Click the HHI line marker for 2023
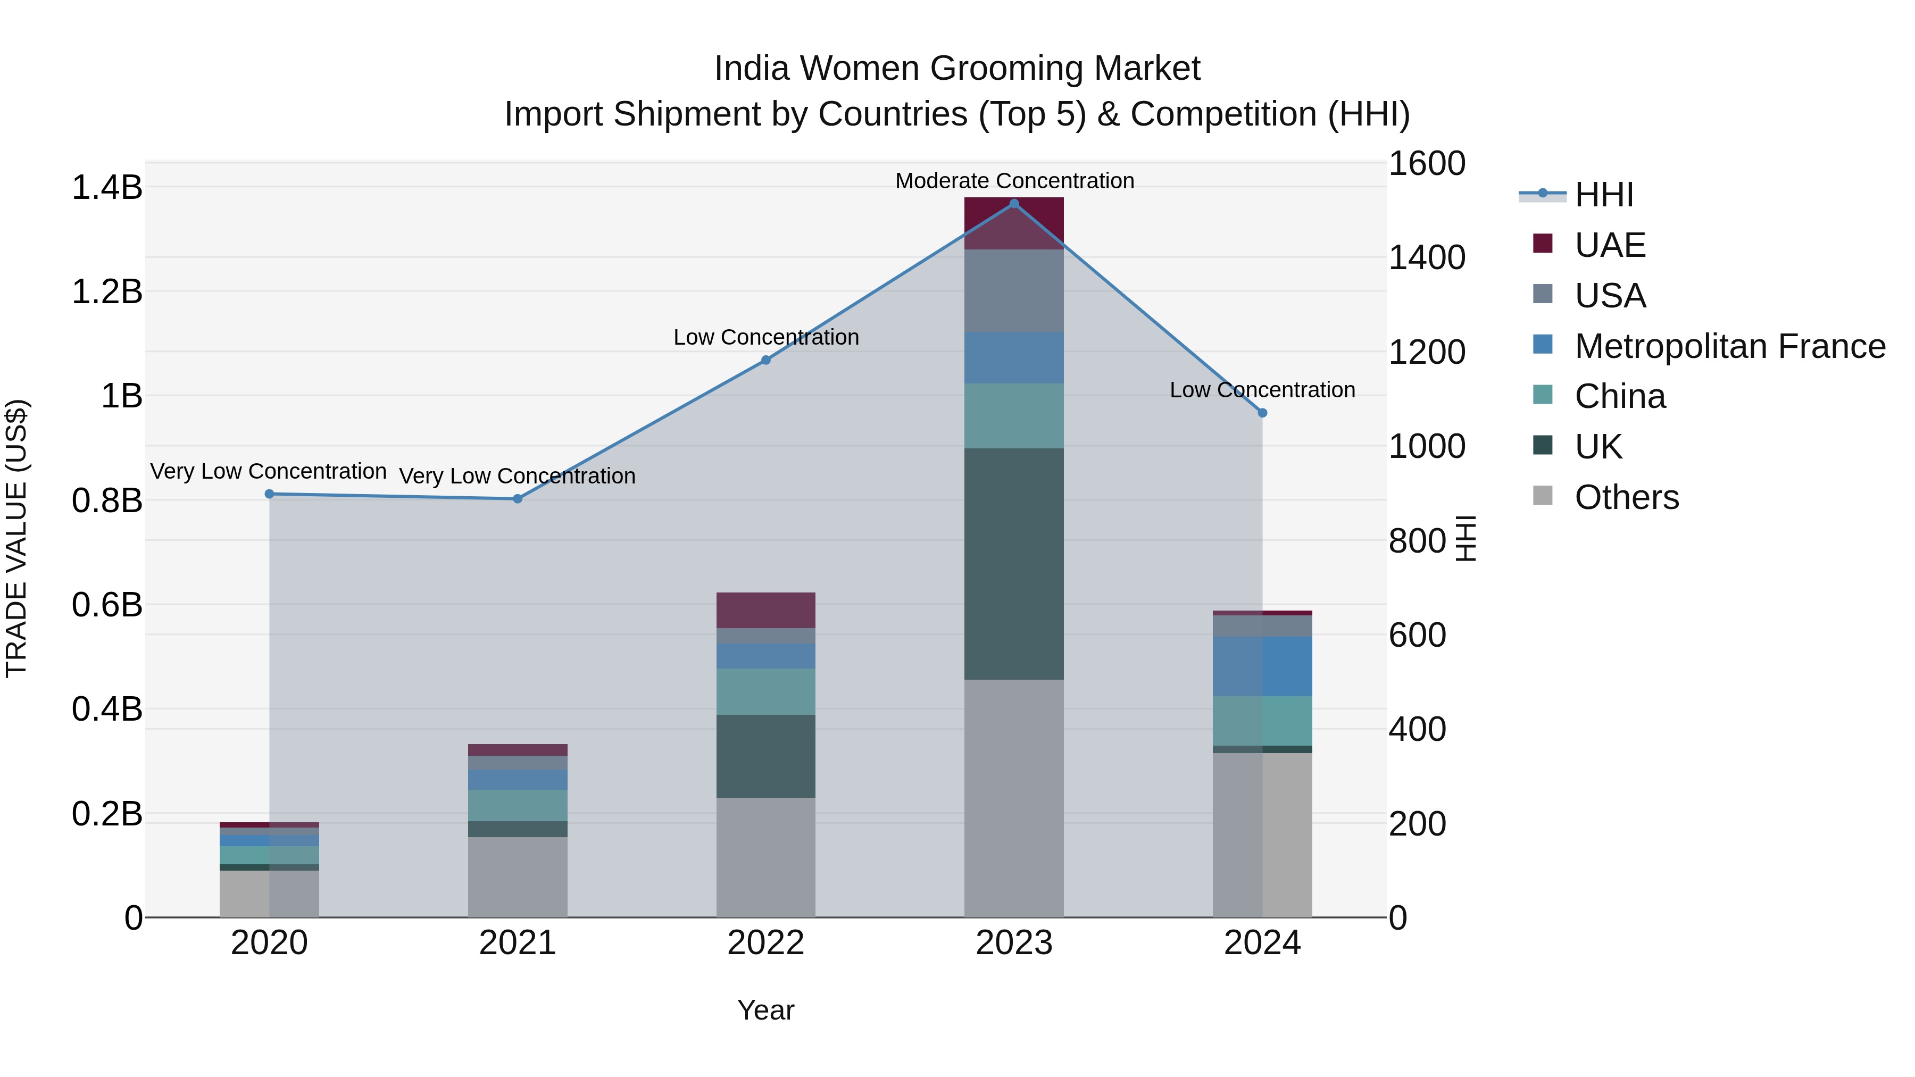[1014, 204]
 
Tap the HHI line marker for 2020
[269, 494]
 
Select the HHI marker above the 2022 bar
[765, 360]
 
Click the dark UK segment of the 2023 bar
[1014, 563]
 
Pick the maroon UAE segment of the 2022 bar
[765, 610]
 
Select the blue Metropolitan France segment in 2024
[1262, 666]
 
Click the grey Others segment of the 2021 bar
[518, 876]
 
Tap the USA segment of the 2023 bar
[1014, 290]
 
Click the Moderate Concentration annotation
[1014, 181]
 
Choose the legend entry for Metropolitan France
[1729, 346]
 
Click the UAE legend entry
[1610, 245]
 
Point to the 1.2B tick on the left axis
[106, 291]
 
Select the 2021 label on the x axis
[518, 943]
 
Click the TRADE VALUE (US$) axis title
[16, 538]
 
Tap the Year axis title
[765, 1010]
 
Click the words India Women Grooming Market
[957, 69]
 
